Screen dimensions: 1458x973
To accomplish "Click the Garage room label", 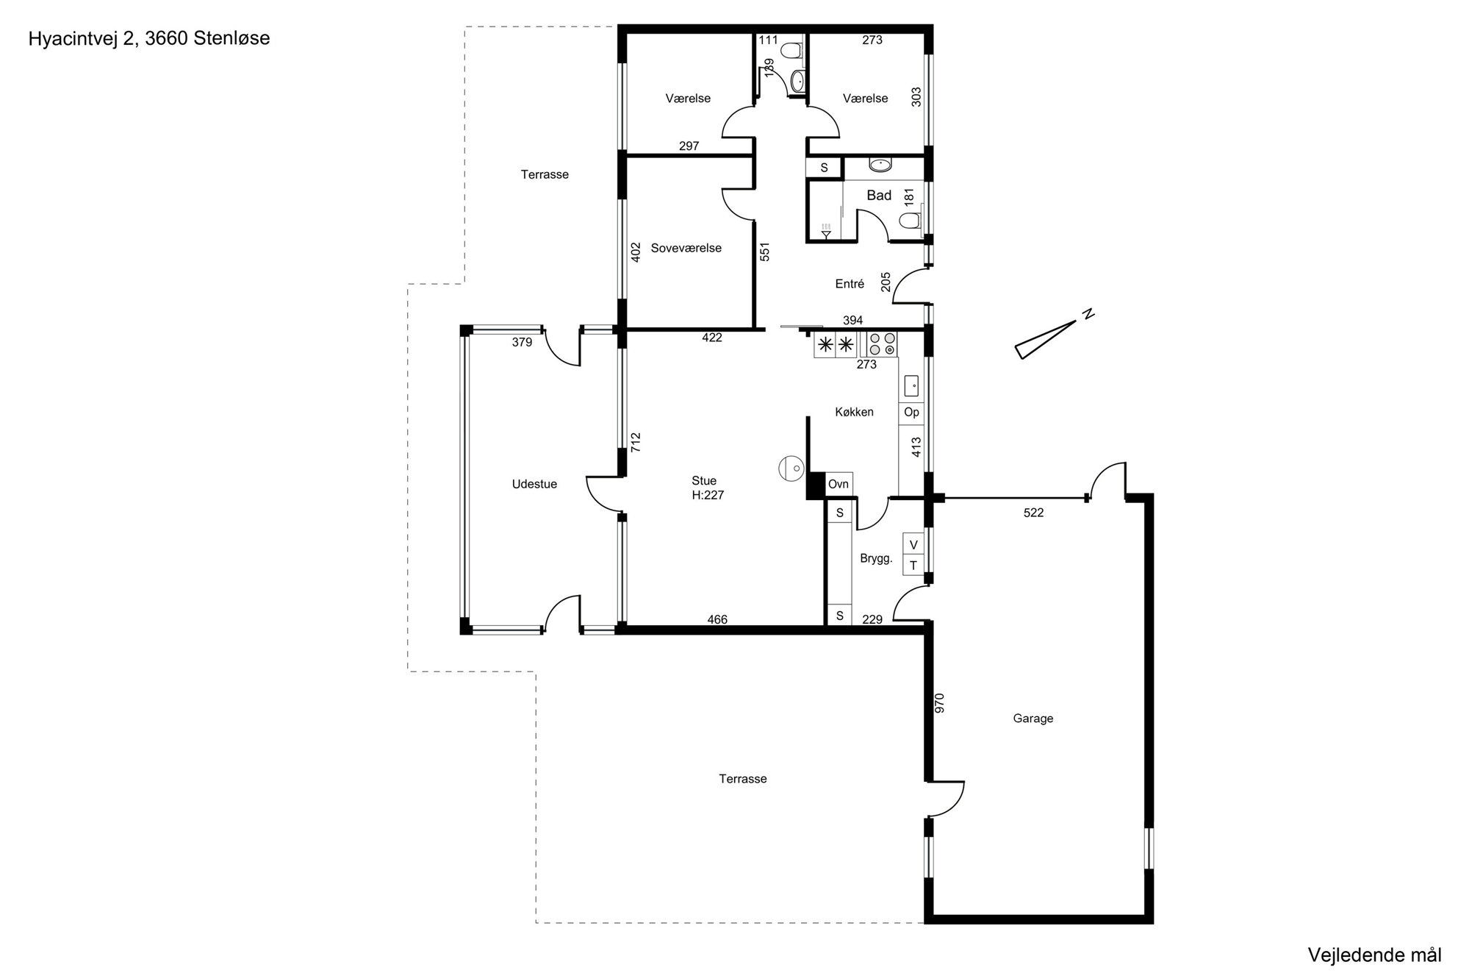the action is click(x=1033, y=719).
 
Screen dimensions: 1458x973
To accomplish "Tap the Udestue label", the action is click(x=534, y=484).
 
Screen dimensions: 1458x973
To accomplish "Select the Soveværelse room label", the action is click(x=686, y=248).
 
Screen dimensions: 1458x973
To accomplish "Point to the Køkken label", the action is click(x=854, y=412).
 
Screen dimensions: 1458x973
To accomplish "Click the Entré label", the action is click(x=850, y=284).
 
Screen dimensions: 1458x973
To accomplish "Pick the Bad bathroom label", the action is click(x=879, y=195).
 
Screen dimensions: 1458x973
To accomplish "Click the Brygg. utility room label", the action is click(x=876, y=559).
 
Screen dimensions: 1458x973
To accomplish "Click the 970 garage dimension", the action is click(x=939, y=702).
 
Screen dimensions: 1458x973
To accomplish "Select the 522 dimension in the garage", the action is click(x=1033, y=513).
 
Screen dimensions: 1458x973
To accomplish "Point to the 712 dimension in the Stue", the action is click(x=636, y=441).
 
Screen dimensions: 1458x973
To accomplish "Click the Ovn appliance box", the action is click(x=838, y=484).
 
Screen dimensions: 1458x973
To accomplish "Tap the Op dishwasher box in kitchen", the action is click(x=911, y=412).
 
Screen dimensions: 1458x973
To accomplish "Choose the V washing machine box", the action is click(x=913, y=544).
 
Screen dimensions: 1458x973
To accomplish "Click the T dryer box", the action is click(x=913, y=565).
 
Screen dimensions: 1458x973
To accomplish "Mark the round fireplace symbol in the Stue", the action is click(x=791, y=468).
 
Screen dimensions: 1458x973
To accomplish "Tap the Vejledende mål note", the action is click(x=1374, y=955).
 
